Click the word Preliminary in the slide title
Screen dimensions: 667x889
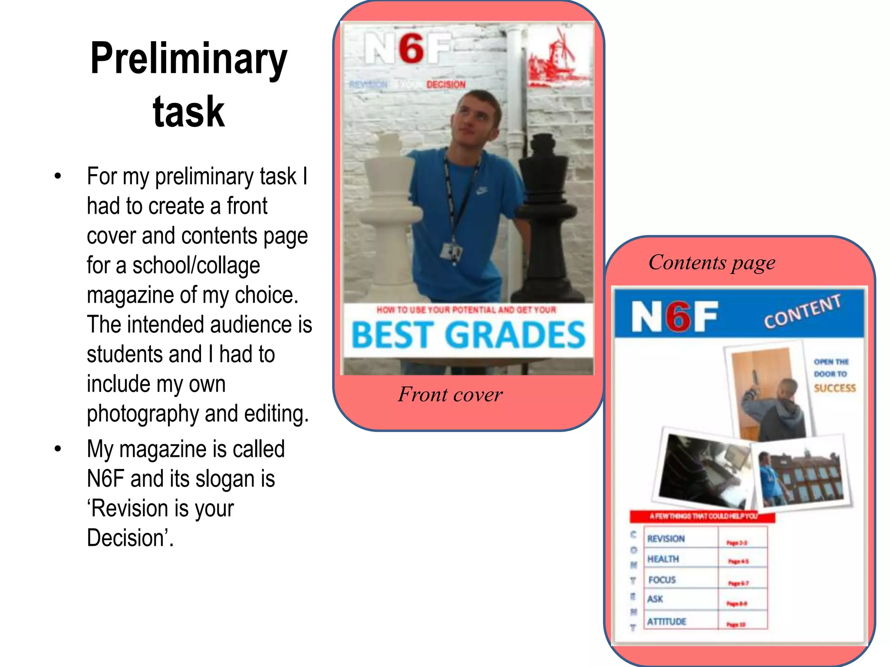pos(188,59)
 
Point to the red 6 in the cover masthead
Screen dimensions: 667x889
pos(411,49)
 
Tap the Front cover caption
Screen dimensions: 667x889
pos(450,395)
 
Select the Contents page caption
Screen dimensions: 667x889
pos(712,263)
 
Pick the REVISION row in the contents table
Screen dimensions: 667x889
pos(666,539)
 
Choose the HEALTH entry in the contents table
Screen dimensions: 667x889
pos(663,559)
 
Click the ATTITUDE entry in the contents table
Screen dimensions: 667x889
pos(667,621)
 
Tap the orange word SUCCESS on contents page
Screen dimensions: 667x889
pos(834,388)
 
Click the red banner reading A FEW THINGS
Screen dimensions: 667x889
pos(702,516)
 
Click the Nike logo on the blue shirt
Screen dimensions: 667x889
pos(481,190)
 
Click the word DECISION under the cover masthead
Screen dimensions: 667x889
pos(446,85)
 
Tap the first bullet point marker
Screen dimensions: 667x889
pos(58,176)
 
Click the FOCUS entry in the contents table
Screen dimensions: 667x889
pos(662,580)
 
